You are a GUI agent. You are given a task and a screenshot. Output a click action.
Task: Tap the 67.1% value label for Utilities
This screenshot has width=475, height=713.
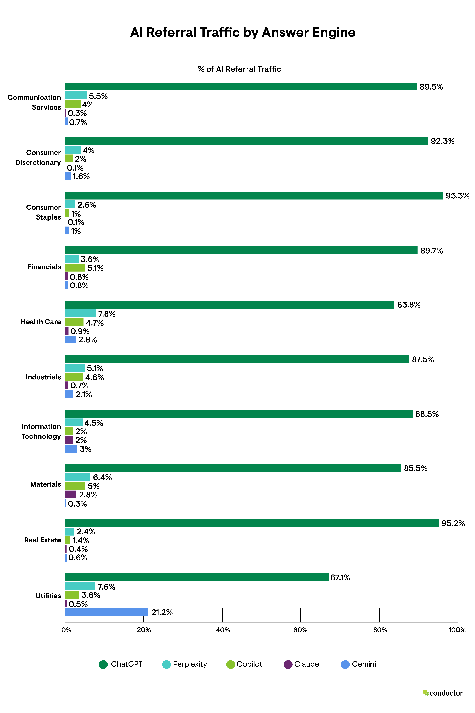click(x=340, y=578)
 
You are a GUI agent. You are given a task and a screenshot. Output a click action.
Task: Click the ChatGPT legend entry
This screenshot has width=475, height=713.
click(x=121, y=664)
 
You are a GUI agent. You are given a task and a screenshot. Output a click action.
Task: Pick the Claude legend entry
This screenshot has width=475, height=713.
click(x=301, y=664)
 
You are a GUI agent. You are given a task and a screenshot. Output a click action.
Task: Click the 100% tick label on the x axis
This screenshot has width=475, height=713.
click(x=457, y=630)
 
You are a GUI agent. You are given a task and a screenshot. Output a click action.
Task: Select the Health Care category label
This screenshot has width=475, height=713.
click(x=41, y=322)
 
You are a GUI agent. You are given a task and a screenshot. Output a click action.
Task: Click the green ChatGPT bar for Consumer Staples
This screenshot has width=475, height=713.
click(x=254, y=196)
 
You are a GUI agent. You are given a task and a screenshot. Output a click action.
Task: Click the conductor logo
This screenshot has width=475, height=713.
click(x=443, y=693)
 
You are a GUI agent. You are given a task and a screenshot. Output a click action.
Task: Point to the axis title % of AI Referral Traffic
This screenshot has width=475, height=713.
click(x=239, y=69)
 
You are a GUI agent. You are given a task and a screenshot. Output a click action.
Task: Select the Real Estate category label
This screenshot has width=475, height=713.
click(x=43, y=540)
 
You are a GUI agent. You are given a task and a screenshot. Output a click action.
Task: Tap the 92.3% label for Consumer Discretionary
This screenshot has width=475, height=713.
click(x=443, y=141)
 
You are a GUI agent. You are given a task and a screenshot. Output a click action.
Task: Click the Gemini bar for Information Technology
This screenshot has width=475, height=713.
click(x=71, y=449)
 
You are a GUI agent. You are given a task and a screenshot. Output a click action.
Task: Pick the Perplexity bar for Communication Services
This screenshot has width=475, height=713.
click(x=76, y=95)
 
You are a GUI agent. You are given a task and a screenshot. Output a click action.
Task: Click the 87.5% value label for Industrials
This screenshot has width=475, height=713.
click(x=423, y=360)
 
